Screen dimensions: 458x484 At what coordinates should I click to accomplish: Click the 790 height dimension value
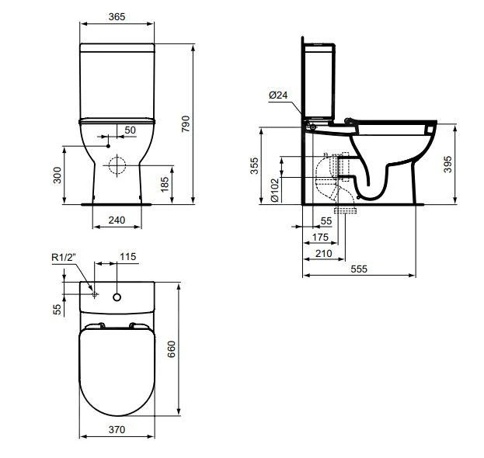coord(186,123)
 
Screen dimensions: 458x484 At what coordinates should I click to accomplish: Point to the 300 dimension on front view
coord(57,175)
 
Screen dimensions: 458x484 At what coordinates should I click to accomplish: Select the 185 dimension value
coord(186,184)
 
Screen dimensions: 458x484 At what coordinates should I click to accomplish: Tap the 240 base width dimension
coord(117,220)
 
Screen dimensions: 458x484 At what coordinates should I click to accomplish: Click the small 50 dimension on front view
coord(129,130)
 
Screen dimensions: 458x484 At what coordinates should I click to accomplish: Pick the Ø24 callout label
coord(278,95)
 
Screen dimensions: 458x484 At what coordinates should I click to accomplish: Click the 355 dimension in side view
coord(254,166)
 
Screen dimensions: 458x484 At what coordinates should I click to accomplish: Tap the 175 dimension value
coord(319,237)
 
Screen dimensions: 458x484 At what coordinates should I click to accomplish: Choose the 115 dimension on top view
coord(127,257)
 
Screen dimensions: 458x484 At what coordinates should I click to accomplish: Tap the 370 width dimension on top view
coord(117,429)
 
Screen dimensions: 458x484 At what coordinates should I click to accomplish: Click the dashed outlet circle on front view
coord(117,165)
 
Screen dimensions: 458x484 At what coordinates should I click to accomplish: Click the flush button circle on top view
coord(117,296)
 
